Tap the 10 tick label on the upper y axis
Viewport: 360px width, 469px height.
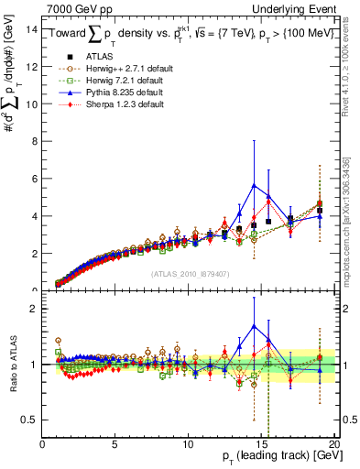click(30, 104)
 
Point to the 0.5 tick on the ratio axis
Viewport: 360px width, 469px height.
click(28, 420)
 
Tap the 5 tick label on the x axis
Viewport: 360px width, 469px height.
click(115, 445)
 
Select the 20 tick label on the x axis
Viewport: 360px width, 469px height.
click(334, 445)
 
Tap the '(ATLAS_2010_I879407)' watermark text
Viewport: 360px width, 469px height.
click(190, 272)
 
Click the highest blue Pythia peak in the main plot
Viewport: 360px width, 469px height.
click(254, 186)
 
